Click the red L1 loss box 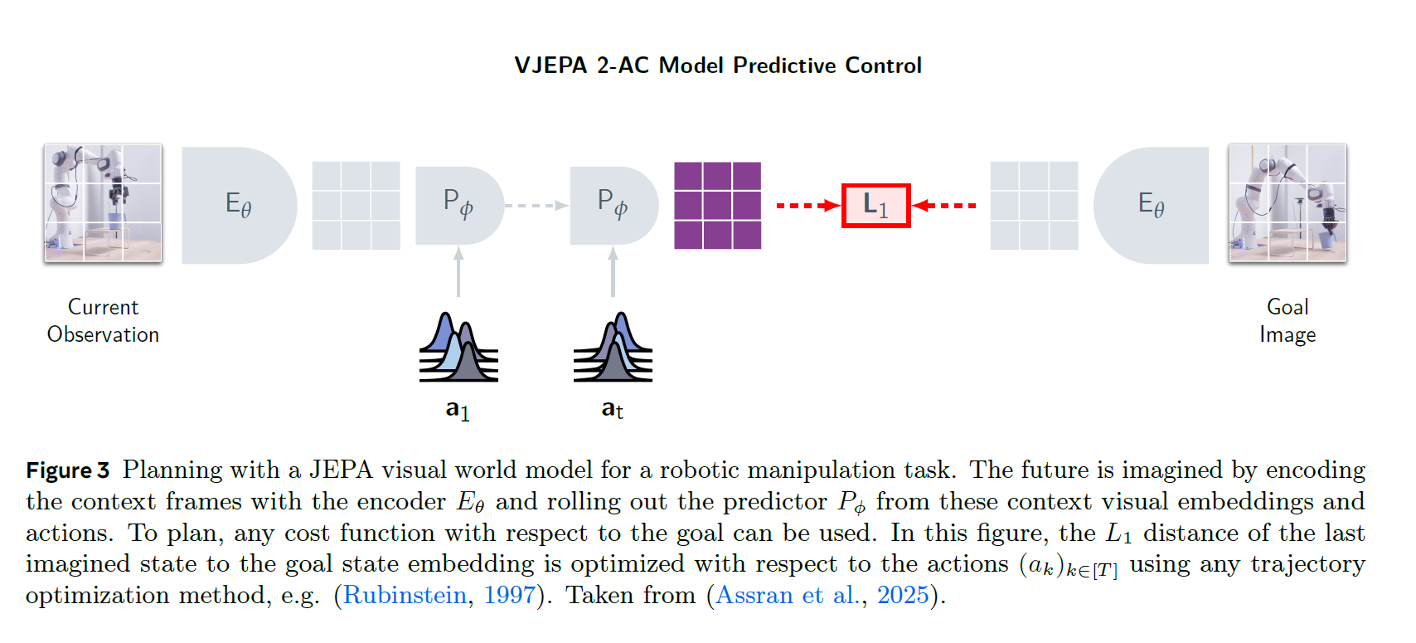point(875,205)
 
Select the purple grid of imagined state point(717,205)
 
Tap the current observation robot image point(103,203)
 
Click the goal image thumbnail point(1287,203)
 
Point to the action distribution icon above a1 point(458,348)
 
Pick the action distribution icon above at point(613,348)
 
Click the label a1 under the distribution point(458,410)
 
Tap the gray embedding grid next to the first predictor point(356,205)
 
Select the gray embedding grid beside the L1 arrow point(1034,205)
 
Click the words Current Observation point(103,320)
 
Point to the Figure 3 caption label point(67,470)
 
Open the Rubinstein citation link point(405,595)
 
